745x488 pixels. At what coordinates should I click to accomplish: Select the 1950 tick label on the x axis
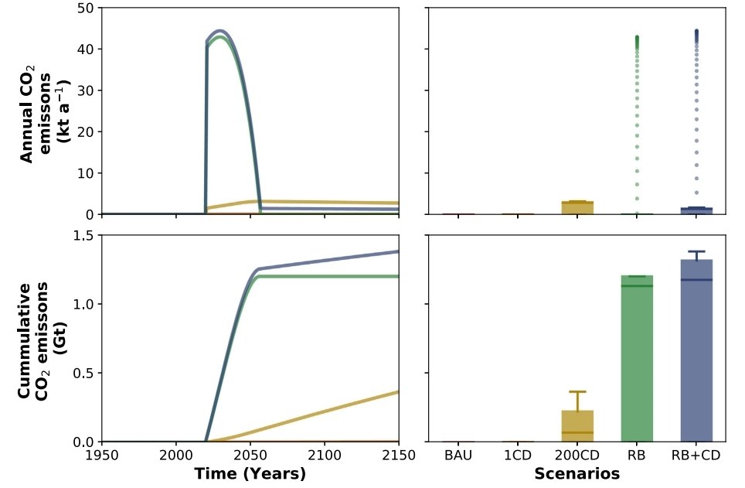pos(103,456)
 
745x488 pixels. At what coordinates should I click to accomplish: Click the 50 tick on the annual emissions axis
pos(86,8)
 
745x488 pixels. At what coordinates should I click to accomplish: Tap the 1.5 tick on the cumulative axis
pos(83,235)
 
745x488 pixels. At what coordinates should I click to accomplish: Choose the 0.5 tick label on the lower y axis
pos(83,373)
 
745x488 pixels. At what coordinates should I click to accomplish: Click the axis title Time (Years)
pos(250,473)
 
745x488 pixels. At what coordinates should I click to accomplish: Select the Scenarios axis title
pos(577,473)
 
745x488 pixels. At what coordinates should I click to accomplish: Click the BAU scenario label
pos(458,456)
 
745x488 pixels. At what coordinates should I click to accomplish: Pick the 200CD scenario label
pos(577,456)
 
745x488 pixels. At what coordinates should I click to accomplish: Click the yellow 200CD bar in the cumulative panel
pos(577,426)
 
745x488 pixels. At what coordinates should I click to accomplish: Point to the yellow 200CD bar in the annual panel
pos(577,208)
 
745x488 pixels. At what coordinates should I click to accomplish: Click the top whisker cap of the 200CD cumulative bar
pos(577,392)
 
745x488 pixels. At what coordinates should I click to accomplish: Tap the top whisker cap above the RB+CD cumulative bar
pos(696,251)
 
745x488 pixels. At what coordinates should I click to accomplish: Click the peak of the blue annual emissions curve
pos(220,31)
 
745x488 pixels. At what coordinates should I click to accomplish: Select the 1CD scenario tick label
pos(518,456)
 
